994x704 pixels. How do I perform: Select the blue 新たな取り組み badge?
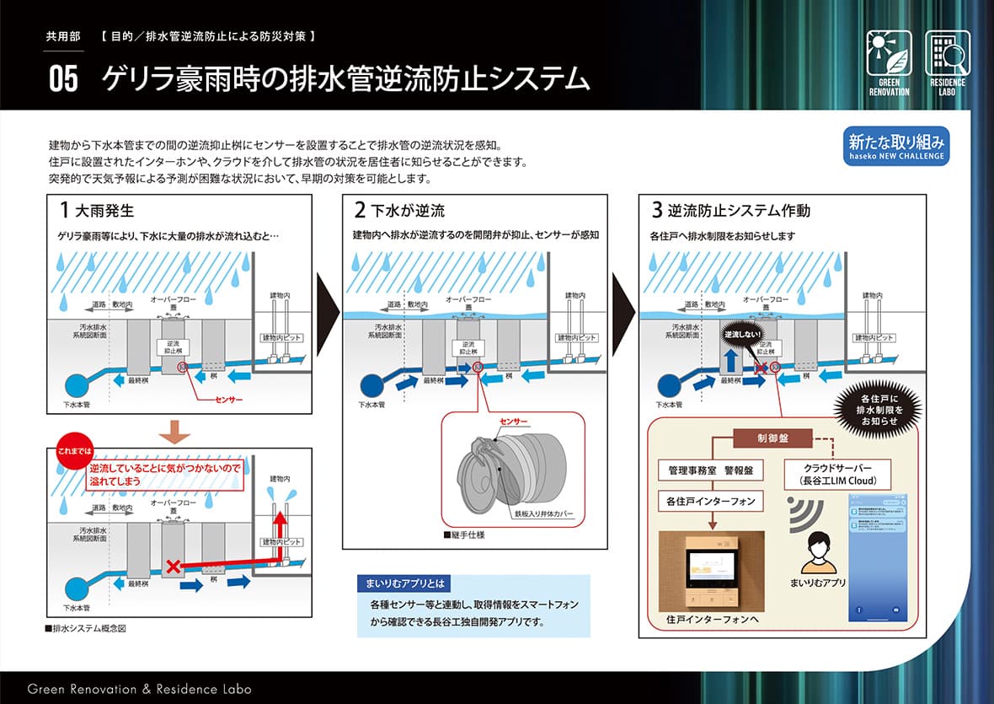[x=896, y=146]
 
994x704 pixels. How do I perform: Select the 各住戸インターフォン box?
[x=710, y=501]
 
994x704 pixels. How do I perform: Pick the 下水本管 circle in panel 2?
[x=371, y=386]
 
